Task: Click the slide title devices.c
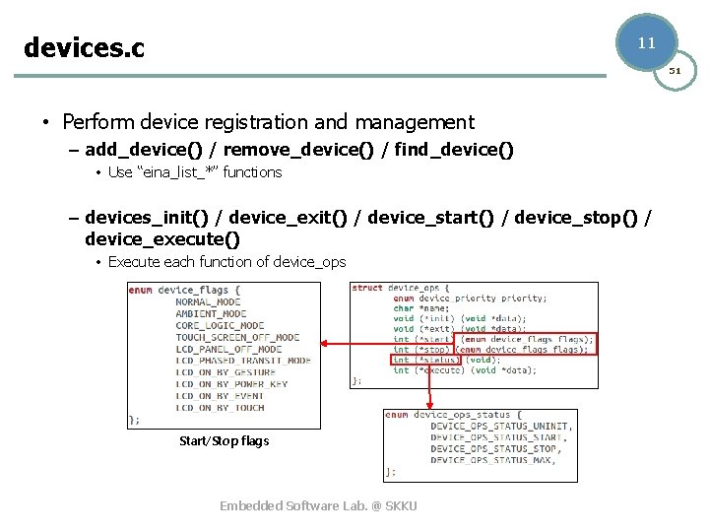(84, 46)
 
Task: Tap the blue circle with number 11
(647, 42)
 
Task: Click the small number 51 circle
(677, 71)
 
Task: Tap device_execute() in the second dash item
(162, 238)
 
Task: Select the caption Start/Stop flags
(224, 440)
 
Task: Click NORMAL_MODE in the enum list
(208, 301)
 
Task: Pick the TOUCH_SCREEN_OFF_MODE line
(237, 337)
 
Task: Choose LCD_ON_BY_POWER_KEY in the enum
(231, 384)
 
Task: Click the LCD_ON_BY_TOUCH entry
(220, 408)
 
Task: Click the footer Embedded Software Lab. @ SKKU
(318, 505)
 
